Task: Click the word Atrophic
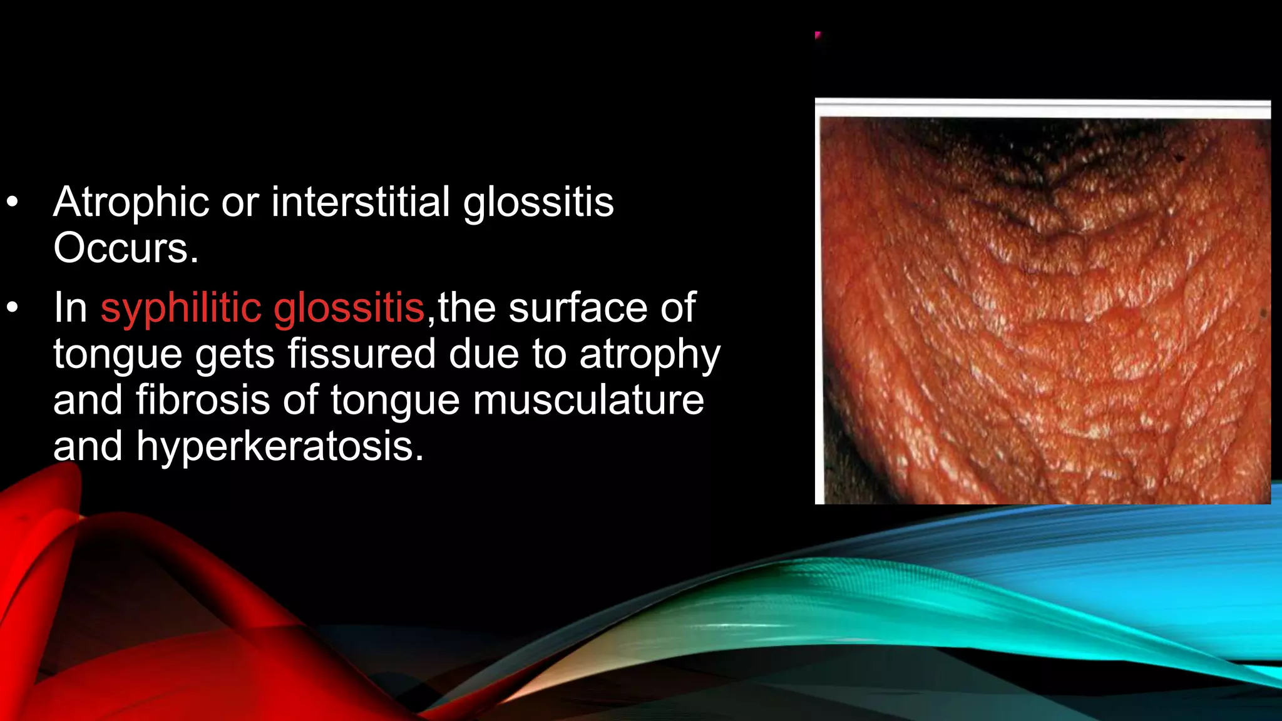pyautogui.click(x=131, y=203)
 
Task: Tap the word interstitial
pyautogui.click(x=360, y=203)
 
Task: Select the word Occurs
pyautogui.click(x=126, y=248)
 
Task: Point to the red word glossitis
pyautogui.click(x=349, y=308)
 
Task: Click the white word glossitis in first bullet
pyautogui.click(x=538, y=203)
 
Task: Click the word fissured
pyautogui.click(x=361, y=354)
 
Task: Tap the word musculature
pyautogui.click(x=588, y=400)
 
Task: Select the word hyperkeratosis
pyautogui.click(x=280, y=446)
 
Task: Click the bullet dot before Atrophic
pyautogui.click(x=13, y=203)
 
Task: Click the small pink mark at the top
pyautogui.click(x=818, y=35)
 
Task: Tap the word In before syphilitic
pyautogui.click(x=69, y=308)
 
